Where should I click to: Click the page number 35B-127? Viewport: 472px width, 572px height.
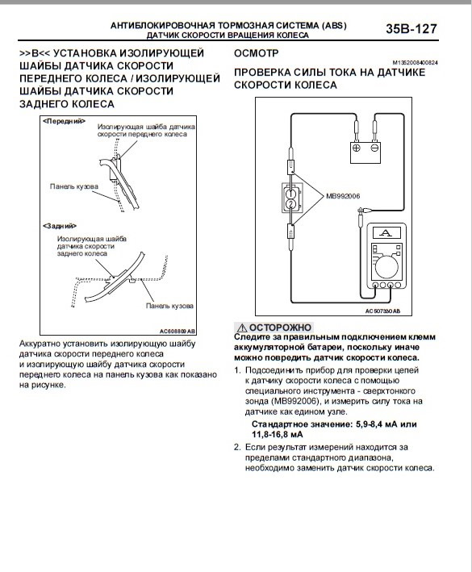(x=411, y=28)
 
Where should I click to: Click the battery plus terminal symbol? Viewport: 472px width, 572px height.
(x=356, y=148)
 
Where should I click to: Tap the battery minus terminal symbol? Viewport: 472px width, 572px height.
(x=374, y=148)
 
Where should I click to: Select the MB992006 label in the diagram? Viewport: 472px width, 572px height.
(x=343, y=196)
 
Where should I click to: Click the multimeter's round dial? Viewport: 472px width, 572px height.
(x=386, y=267)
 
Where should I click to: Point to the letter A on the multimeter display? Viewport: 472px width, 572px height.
(x=386, y=232)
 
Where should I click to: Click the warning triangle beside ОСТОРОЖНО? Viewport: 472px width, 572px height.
(x=241, y=328)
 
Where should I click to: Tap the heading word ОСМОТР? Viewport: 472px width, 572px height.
(x=256, y=53)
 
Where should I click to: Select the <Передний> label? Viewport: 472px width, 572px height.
(x=64, y=121)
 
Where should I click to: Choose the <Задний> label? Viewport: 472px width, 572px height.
(x=60, y=226)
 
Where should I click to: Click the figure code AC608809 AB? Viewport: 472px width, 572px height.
(x=178, y=332)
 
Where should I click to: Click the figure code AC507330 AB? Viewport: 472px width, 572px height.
(x=382, y=311)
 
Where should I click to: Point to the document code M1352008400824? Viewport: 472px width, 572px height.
(x=415, y=63)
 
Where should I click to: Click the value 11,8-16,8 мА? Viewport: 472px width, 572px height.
(x=278, y=435)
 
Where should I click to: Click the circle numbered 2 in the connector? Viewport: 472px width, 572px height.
(x=290, y=203)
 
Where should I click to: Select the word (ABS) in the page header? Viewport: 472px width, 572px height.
(x=334, y=26)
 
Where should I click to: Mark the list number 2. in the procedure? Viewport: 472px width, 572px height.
(x=237, y=447)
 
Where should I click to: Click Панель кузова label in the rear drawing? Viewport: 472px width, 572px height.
(x=169, y=306)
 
